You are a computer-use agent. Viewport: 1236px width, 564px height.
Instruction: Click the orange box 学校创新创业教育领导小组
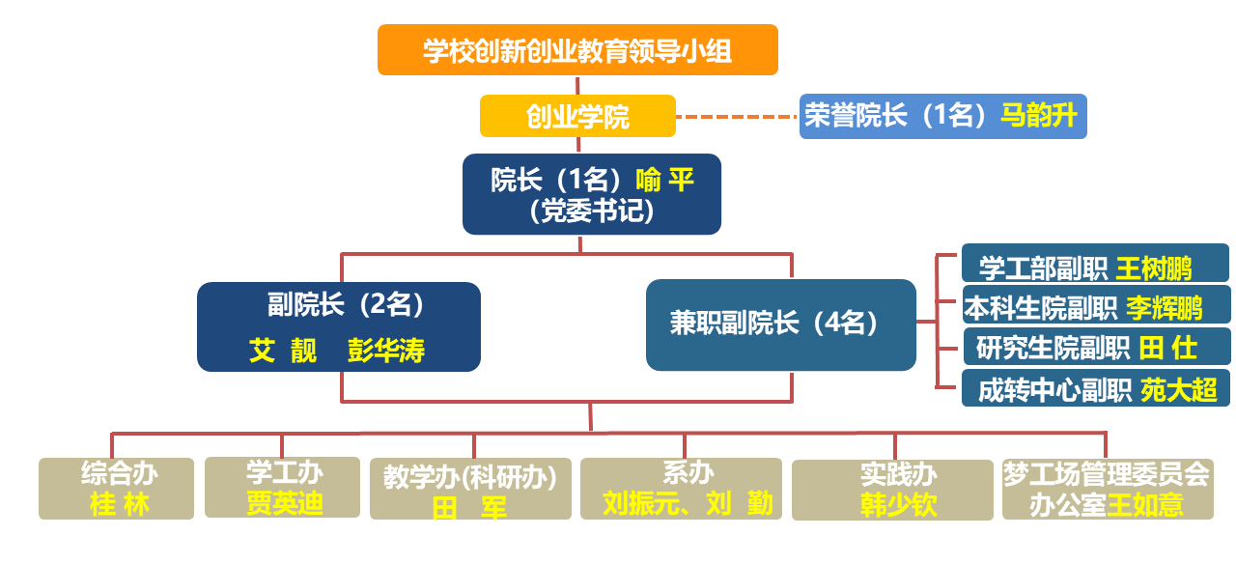pyautogui.click(x=577, y=50)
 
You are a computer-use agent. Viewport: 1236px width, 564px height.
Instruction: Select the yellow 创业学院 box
pyautogui.click(x=577, y=117)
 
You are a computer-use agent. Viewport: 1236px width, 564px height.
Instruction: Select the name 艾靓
pyautogui.click(x=283, y=350)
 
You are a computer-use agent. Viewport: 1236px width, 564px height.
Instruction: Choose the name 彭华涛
pyautogui.click(x=386, y=350)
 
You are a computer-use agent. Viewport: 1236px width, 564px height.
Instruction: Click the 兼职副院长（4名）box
pyautogui.click(x=780, y=324)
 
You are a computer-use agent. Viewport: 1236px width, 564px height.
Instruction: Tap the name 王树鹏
pyautogui.click(x=1154, y=268)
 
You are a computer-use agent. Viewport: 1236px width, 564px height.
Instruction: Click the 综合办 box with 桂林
pyautogui.click(x=117, y=489)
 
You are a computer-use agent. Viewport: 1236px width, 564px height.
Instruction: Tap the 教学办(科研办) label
pyautogui.click(x=470, y=477)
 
